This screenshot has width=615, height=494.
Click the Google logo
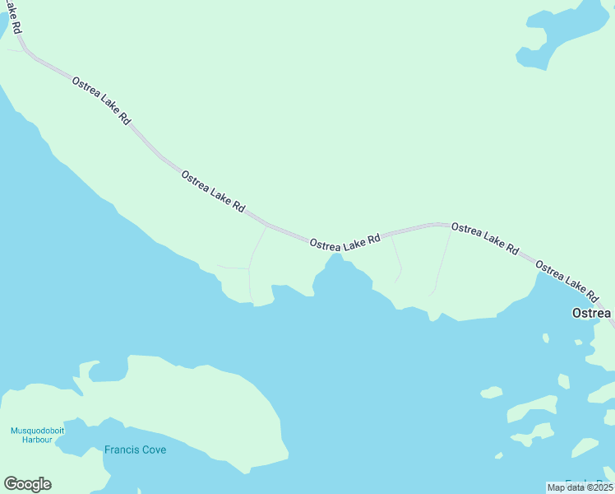click(x=27, y=484)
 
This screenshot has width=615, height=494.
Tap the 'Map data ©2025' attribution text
click(x=580, y=487)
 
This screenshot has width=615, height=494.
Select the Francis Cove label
click(x=135, y=450)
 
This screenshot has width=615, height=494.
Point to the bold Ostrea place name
click(x=591, y=314)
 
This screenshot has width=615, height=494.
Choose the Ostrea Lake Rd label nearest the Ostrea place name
click(x=566, y=281)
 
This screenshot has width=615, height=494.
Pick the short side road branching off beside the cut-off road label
click(x=16, y=50)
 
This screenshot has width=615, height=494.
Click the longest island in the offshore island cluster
click(x=533, y=408)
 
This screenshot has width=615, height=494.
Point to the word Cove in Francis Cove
click(x=152, y=450)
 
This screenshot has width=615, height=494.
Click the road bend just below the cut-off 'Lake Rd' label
click(x=26, y=51)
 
